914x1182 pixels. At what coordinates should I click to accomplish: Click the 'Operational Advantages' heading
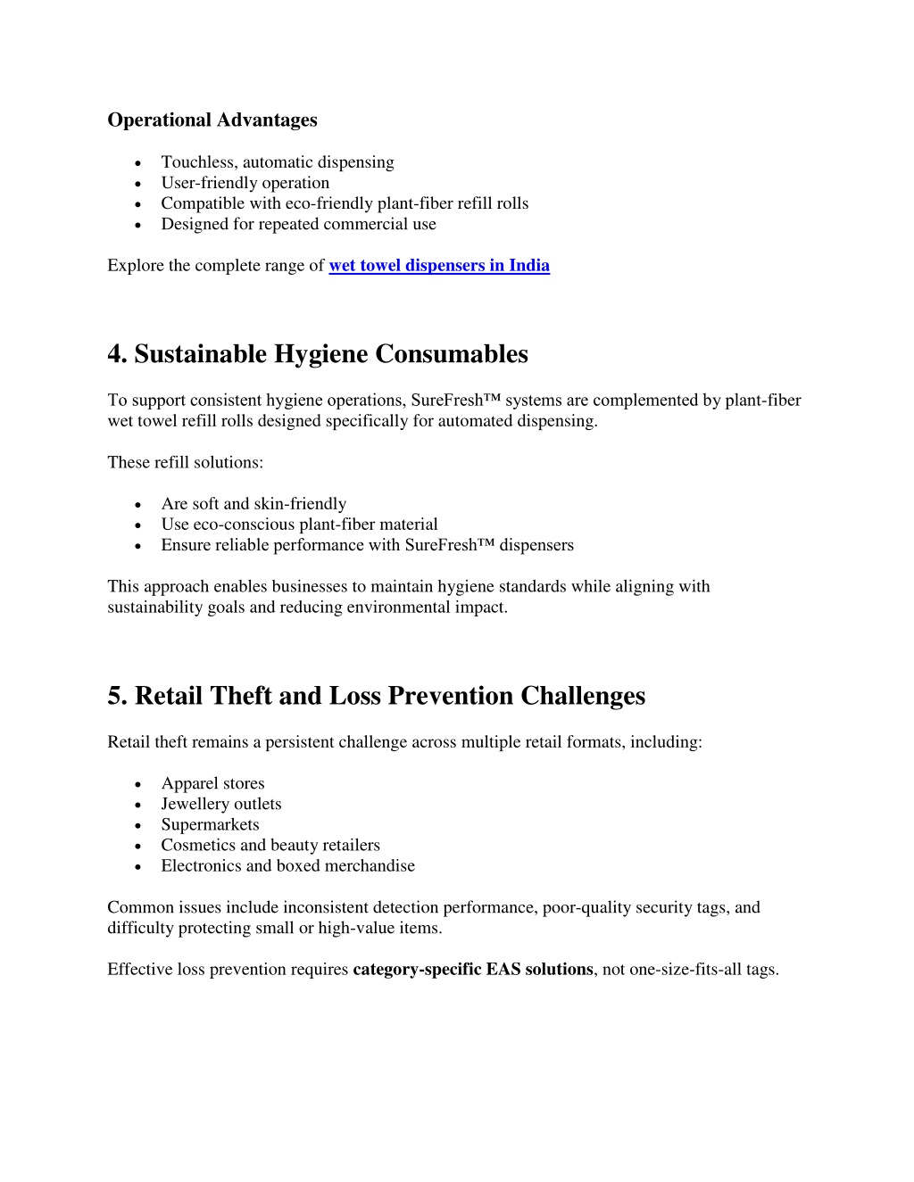(212, 120)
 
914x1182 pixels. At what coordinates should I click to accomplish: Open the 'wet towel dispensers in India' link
(439, 265)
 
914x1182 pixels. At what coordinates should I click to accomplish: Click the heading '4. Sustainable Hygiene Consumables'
(317, 354)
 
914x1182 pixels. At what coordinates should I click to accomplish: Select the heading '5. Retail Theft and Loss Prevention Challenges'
(376, 696)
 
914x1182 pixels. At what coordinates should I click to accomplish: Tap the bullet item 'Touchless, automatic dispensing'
(277, 161)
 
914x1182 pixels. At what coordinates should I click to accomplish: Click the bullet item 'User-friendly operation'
(245, 182)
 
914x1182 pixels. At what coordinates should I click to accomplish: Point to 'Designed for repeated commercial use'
(298, 224)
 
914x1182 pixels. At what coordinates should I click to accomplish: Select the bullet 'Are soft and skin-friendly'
(253, 503)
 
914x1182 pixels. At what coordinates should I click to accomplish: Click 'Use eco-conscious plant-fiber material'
(299, 524)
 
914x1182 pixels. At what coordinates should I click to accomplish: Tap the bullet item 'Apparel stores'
(212, 782)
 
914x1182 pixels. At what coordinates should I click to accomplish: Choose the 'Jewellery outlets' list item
(220, 803)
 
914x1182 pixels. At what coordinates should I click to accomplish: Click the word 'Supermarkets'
(210, 824)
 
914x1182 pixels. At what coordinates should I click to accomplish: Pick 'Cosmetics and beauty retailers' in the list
(270, 845)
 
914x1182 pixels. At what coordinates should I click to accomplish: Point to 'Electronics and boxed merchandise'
(287, 865)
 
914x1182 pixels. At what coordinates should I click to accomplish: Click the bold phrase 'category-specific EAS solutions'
(473, 969)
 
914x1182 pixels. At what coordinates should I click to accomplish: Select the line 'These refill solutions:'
(185, 462)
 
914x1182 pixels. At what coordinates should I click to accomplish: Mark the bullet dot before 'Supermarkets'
(137, 825)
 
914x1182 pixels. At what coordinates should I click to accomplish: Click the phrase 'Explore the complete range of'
(215, 265)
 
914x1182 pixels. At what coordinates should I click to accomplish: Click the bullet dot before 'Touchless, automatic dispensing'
(137, 162)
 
